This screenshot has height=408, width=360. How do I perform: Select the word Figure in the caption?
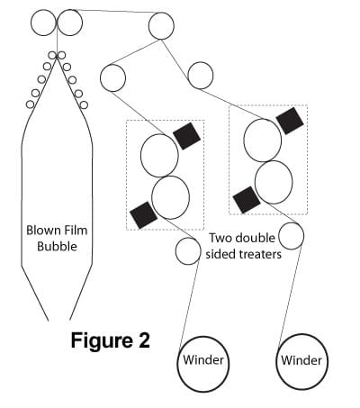[x=100, y=341]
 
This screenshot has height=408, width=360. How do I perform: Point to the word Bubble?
[x=57, y=247]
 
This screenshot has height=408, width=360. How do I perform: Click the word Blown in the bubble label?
[x=42, y=231]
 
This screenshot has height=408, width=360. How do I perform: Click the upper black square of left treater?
[x=186, y=136]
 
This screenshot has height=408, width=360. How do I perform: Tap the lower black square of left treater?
[x=143, y=215]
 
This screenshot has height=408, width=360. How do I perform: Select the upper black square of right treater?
[x=290, y=121]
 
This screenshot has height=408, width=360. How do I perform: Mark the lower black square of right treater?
[x=247, y=200]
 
